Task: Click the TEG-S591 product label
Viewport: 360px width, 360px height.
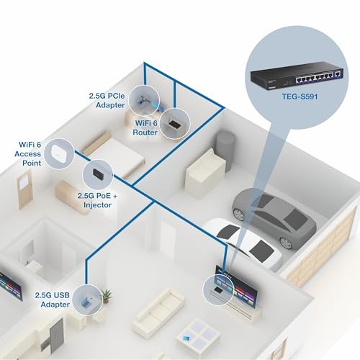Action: coord(300,96)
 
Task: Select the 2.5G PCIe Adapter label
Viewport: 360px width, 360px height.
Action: coord(107,100)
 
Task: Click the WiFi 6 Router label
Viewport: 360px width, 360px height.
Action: coord(145,127)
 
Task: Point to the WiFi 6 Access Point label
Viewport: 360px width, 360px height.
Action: coord(28,154)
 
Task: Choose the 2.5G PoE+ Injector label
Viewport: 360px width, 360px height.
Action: coord(98,200)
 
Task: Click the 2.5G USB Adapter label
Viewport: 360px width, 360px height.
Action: coord(53,300)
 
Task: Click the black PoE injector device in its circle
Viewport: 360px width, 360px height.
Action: coord(98,173)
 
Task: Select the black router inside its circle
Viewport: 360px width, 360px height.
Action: coord(174,124)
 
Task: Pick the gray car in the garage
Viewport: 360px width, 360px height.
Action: coord(274,217)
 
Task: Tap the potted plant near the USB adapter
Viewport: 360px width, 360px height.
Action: coord(106,296)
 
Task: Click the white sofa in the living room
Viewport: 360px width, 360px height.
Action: coord(158,307)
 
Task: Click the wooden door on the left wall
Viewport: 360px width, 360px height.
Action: coord(25,189)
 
